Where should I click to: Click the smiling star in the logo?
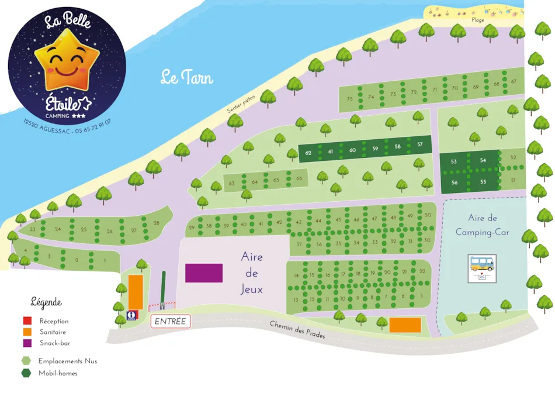[67, 61]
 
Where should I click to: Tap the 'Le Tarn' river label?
[187, 78]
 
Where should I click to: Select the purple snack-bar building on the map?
[204, 273]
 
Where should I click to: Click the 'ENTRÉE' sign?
[171, 321]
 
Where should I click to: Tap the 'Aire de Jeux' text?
[252, 273]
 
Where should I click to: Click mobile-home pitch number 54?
[483, 160]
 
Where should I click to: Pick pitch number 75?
[349, 99]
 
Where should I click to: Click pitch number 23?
[32, 229]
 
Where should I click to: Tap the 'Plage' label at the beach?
[478, 20]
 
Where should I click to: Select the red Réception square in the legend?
[27, 321]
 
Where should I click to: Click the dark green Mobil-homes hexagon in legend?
[26, 373]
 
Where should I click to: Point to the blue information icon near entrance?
[131, 315]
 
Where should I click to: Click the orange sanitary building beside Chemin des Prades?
[405, 325]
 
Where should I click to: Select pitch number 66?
[299, 178]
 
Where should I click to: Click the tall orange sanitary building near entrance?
[136, 292]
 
